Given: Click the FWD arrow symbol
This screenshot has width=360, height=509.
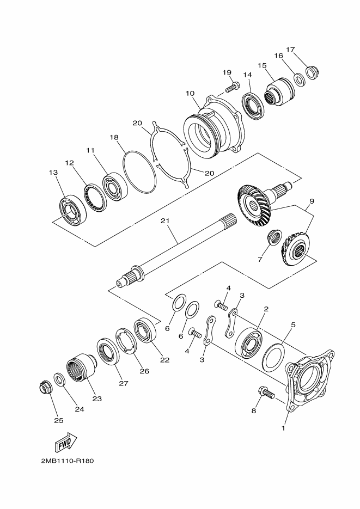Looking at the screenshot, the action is click(x=67, y=443).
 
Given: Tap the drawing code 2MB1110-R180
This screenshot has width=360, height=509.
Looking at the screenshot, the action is click(x=68, y=461).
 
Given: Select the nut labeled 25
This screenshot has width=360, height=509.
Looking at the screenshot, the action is click(x=44, y=388).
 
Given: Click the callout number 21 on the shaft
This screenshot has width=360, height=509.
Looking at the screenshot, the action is click(x=165, y=221).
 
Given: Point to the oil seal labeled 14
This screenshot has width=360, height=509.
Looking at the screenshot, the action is click(x=254, y=106).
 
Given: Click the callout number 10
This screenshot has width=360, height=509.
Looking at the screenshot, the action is click(x=190, y=94).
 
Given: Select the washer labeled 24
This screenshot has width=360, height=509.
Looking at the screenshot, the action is click(x=59, y=380).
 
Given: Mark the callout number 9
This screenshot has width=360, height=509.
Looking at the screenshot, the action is click(x=312, y=201).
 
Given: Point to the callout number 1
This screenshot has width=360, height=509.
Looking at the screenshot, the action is click(x=283, y=428).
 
